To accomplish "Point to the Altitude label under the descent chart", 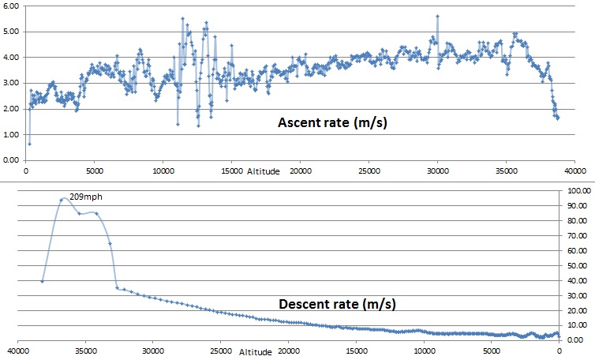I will click(x=255, y=351).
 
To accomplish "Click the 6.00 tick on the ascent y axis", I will click(x=12, y=6).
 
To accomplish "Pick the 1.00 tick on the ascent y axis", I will click(x=12, y=134).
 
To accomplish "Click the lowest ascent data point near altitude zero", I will click(x=29, y=144).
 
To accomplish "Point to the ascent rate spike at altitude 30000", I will click(x=436, y=16).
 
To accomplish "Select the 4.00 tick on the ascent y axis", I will click(x=12, y=58).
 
